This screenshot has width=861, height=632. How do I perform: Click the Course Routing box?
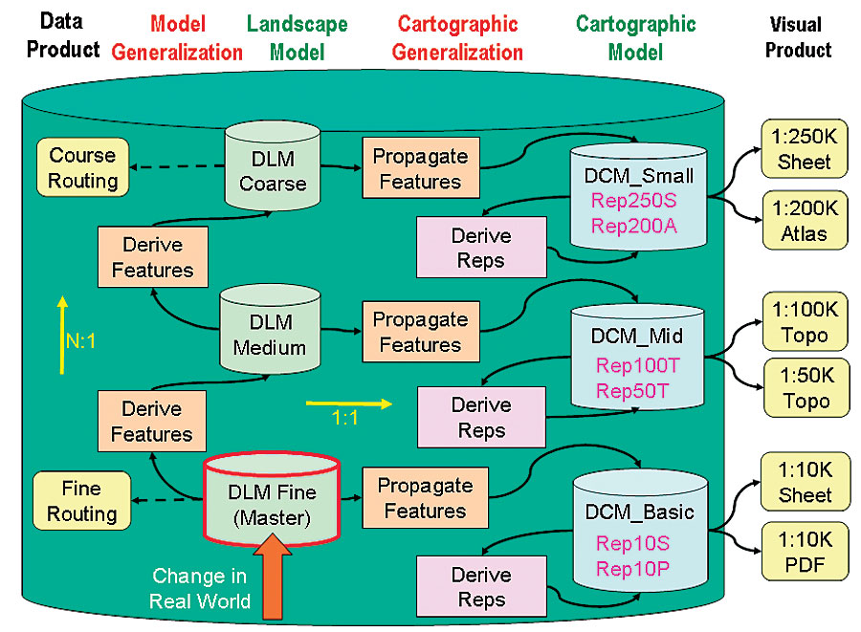(82, 168)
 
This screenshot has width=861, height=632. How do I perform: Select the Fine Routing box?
(81, 501)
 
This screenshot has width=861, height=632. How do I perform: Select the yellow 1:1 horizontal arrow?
(349, 403)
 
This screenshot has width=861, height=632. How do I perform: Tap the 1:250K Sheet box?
(804, 148)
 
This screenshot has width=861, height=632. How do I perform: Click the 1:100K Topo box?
(804, 321)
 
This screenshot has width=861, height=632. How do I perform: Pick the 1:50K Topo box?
(804, 387)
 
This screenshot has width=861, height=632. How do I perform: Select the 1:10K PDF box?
(804, 552)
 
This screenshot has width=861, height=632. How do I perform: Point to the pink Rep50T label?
(632, 389)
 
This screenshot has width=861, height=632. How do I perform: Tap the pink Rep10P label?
(632, 569)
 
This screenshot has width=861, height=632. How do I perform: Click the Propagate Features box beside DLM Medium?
(420, 332)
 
